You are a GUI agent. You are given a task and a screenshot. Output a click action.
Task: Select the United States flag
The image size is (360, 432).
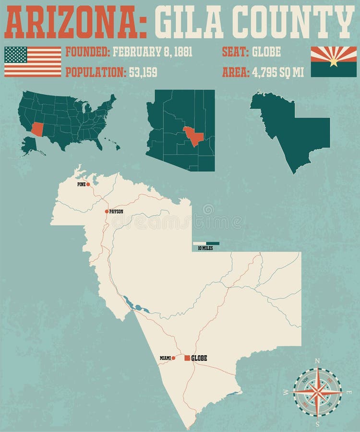33,61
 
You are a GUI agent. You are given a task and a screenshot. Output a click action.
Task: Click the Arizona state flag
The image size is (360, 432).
334,61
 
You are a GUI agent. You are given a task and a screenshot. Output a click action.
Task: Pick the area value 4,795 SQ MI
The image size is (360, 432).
278,72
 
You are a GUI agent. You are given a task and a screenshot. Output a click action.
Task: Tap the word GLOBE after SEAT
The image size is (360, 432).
266,52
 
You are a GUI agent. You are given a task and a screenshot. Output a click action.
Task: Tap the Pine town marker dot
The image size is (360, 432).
88,184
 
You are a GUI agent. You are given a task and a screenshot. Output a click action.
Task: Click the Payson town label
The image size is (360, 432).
116,211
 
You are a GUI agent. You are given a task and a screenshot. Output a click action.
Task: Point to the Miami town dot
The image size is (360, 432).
173,358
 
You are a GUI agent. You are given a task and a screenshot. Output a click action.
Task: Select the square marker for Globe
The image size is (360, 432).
187,358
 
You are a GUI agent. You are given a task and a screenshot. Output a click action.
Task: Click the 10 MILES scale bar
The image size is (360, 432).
206,243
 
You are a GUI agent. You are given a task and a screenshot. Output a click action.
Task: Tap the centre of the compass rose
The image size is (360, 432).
317,391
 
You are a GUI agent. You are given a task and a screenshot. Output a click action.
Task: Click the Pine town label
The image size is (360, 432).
81,184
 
